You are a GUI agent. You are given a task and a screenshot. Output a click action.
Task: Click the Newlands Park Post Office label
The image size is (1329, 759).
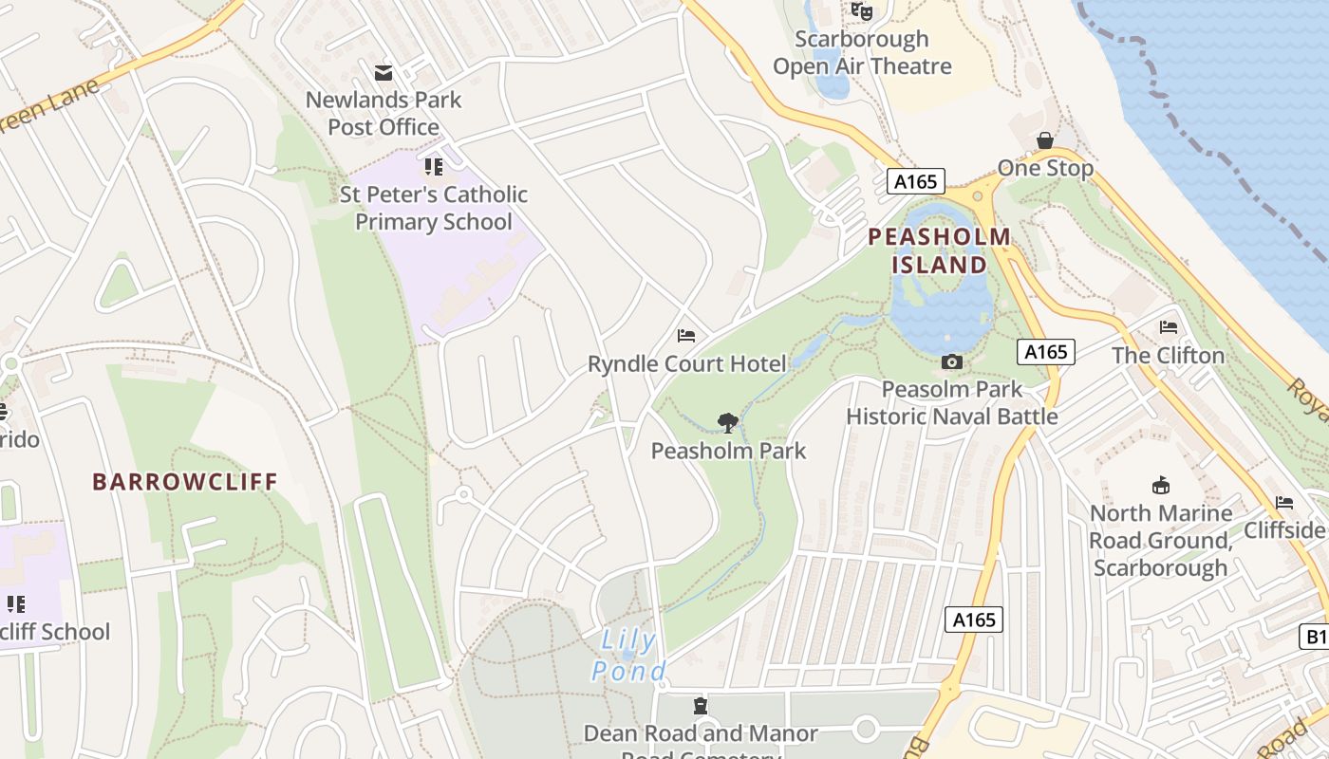tap(384, 113)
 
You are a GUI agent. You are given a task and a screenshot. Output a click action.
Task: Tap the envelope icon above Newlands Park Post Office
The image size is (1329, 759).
tap(384, 73)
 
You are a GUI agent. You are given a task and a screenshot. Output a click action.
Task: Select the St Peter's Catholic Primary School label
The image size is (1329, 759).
tap(434, 208)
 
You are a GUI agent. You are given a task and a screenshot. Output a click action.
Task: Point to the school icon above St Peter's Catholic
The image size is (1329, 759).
tap(434, 168)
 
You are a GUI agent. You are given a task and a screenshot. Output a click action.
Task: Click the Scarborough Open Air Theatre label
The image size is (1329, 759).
tap(862, 52)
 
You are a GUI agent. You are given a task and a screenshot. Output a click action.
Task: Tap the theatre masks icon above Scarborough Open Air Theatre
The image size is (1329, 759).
tap(861, 10)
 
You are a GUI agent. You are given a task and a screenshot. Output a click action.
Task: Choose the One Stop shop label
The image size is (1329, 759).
tap(1045, 168)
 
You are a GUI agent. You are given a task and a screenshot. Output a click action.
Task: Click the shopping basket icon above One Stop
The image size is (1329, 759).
tap(1045, 141)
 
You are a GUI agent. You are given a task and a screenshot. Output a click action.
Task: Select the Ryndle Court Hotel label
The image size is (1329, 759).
tap(687, 363)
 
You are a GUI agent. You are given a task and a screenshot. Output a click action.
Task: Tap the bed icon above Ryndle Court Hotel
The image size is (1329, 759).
tap(686, 336)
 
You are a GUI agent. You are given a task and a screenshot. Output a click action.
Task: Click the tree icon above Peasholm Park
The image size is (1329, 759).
tap(728, 423)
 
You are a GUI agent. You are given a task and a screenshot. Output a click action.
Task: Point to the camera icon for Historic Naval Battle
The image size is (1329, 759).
tap(952, 361)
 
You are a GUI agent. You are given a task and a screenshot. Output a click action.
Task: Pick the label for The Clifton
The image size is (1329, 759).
tap(1168, 355)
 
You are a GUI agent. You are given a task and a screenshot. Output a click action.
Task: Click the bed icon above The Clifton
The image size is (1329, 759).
tap(1169, 327)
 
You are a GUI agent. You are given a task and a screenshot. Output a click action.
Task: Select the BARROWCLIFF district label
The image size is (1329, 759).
tap(185, 481)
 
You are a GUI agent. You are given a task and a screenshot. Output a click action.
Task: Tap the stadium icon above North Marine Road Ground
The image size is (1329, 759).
tap(1160, 486)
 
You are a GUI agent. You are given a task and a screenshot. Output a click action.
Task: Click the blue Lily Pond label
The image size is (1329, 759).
tap(627, 656)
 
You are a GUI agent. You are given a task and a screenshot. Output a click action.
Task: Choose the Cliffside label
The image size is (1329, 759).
tap(1284, 529)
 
